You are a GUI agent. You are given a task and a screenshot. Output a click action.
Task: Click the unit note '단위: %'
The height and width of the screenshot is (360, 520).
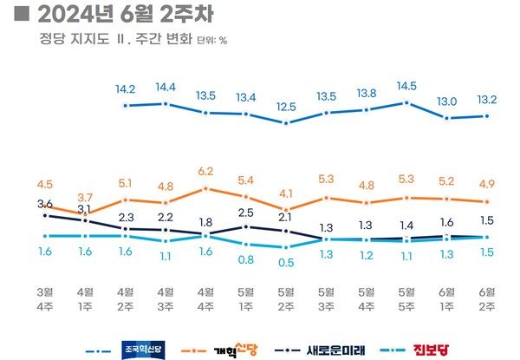click(211, 40)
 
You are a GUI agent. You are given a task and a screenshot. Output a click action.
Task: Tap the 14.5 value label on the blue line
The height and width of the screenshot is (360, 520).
click(406, 87)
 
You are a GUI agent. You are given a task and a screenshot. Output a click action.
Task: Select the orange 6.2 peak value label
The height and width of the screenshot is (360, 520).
click(205, 172)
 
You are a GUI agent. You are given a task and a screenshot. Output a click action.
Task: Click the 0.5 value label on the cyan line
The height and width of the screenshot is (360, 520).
click(285, 262)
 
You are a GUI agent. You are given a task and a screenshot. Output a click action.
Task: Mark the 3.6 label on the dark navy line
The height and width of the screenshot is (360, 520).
click(45, 203)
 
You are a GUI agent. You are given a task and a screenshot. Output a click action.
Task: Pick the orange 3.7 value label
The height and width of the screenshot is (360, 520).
click(85, 198)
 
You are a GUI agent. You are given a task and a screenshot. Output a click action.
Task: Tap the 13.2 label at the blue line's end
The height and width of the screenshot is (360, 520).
click(487, 100)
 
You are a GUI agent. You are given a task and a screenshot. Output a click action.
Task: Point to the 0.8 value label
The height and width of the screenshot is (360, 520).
click(245, 259)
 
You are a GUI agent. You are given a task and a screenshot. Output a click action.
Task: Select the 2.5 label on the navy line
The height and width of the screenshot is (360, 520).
click(245, 213)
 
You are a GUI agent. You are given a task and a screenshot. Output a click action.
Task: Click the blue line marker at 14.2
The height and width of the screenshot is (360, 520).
click(126, 106)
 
